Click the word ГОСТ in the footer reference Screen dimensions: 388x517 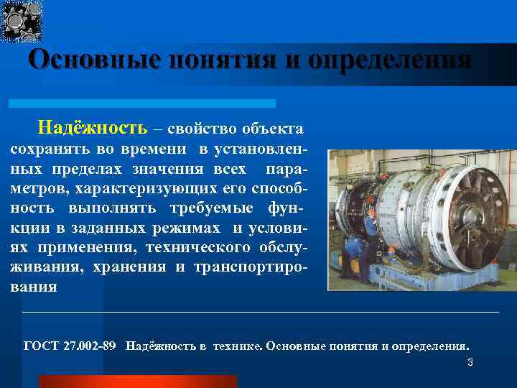pyautogui.click(x=41, y=346)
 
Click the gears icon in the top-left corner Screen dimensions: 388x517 pyautogui.click(x=22, y=20)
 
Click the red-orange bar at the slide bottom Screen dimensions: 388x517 pyautogui.click(x=137, y=381)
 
